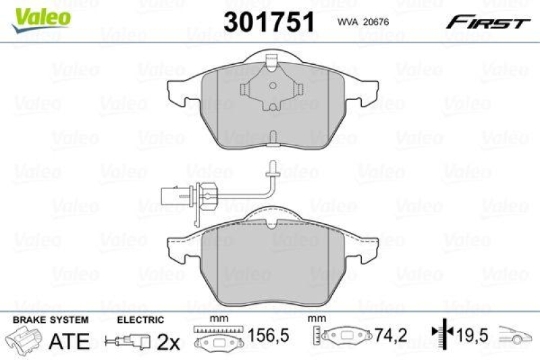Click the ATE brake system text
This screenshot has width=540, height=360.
[70, 341]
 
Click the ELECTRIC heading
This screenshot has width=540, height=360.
[140, 319]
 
